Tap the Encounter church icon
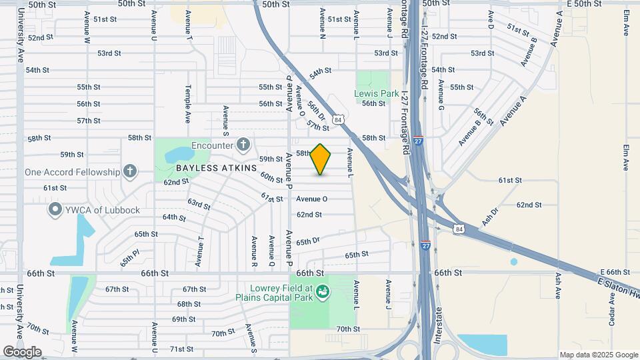(x=244, y=145)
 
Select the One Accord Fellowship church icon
(x=130, y=171)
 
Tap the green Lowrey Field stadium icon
(x=323, y=291)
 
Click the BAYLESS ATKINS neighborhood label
(x=216, y=168)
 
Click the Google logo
(x=21, y=351)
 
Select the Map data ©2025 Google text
(x=599, y=355)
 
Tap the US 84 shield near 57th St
(x=339, y=119)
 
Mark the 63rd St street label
(x=199, y=202)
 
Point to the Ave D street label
(x=491, y=23)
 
